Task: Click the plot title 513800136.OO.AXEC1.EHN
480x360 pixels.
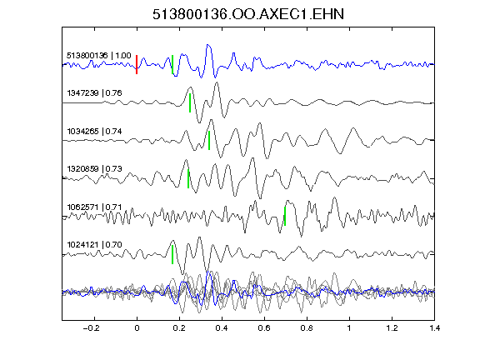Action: pos(248,14)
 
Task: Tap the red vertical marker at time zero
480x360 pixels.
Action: pos(137,65)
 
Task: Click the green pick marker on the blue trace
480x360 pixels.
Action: pos(172,65)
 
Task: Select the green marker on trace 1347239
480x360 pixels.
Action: pos(190,102)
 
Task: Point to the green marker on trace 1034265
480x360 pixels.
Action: pos(209,140)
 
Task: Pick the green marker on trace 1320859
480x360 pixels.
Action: pos(188,178)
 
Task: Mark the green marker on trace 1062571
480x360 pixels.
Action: pos(285,216)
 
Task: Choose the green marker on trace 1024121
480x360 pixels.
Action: pos(172,254)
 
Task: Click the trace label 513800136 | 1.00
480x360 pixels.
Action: pos(99,56)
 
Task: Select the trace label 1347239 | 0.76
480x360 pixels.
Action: pos(94,93)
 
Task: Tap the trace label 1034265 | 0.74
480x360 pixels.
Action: pos(94,132)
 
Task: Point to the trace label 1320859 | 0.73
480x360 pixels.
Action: pos(94,169)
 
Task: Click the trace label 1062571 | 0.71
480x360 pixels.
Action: pos(94,207)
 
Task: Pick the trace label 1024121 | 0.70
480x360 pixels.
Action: pos(94,245)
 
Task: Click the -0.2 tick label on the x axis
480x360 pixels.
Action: pos(91,328)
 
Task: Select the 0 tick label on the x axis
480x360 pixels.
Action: pos(137,328)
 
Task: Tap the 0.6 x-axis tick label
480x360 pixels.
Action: pos(264,328)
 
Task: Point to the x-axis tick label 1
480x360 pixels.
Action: pos(349,328)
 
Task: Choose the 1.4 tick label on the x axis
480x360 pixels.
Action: pos(434,328)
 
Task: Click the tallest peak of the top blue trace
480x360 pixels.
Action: pos(208,45)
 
